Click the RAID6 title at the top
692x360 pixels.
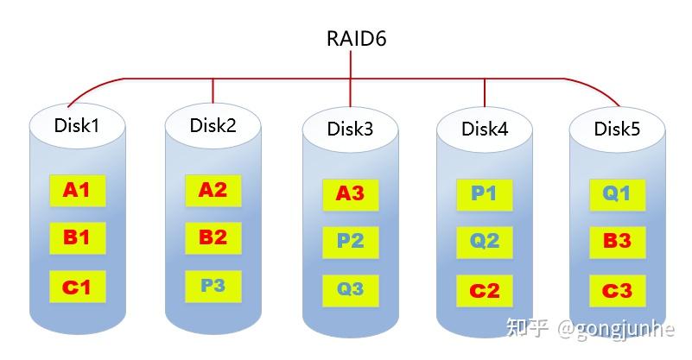pos(350,39)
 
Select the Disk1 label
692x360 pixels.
pos(77,125)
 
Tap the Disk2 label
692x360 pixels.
pos(213,125)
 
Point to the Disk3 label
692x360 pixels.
pos(350,129)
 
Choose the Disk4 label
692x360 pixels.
pos(485,129)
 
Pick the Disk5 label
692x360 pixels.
pos(617,129)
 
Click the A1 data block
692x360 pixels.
pos(77,190)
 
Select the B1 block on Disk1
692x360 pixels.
pos(77,237)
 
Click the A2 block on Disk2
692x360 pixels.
pos(213,190)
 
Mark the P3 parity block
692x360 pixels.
pos(213,286)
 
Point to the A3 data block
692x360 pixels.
pos(350,194)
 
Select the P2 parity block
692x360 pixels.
pos(350,241)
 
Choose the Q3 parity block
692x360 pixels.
pos(350,289)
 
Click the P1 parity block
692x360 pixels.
pos(485,194)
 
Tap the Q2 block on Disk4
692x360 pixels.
pos(485,241)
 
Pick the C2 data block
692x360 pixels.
pos(485,291)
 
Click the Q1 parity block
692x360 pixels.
pos(617,194)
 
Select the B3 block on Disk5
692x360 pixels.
pos(617,241)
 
